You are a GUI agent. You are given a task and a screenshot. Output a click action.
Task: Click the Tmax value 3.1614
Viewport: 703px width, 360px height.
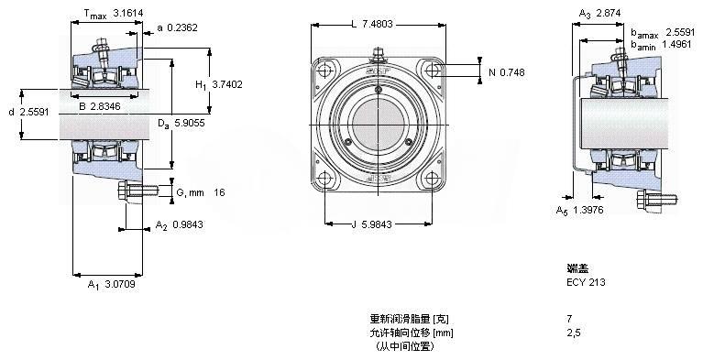[x=127, y=14]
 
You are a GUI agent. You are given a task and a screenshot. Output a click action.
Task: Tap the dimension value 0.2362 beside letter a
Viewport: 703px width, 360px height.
[x=182, y=27]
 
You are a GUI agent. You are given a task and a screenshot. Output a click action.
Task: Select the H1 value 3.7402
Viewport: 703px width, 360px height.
[x=227, y=84]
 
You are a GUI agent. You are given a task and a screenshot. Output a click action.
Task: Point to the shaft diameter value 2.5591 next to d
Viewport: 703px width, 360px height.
[x=34, y=112]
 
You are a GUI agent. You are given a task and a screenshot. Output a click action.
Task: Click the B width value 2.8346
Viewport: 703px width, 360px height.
[x=105, y=106]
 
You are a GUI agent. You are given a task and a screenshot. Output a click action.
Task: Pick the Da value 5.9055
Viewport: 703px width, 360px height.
[x=190, y=123]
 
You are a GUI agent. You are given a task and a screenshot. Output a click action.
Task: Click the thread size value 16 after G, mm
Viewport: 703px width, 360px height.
[x=219, y=192]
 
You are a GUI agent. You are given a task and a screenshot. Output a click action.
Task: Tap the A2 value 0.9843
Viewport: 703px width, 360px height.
[x=187, y=224]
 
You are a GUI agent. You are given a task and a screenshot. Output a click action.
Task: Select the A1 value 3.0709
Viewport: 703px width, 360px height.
[x=120, y=284]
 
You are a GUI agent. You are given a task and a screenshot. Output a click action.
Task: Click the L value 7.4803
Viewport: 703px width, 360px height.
[x=378, y=24]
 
